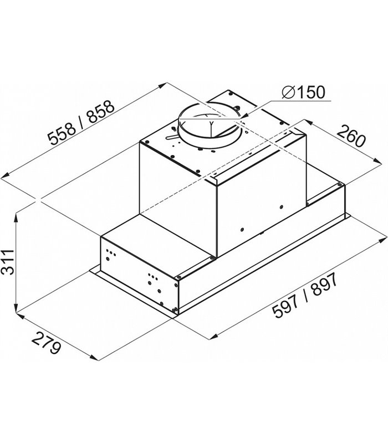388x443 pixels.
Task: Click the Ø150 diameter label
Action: click(x=303, y=92)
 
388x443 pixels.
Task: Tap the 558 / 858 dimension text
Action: click(x=81, y=123)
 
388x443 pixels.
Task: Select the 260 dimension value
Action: click(x=351, y=136)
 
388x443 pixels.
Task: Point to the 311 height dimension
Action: click(x=8, y=262)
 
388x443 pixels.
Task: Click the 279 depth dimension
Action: click(x=46, y=343)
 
